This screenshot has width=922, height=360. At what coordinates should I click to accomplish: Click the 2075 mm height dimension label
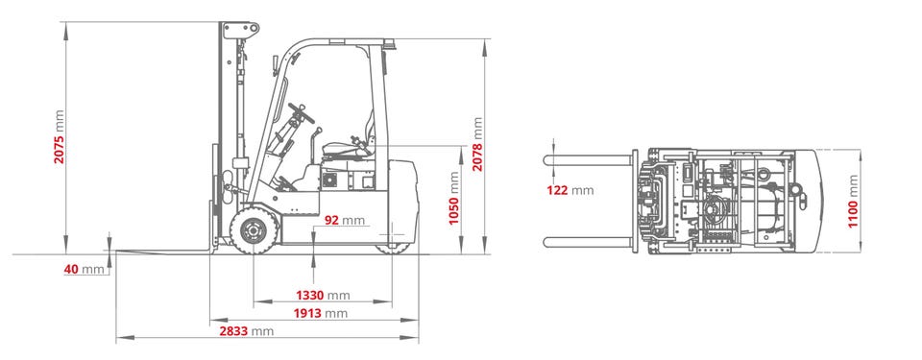pyautogui.click(x=60, y=136)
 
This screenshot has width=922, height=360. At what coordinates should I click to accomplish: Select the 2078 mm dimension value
pyautogui.click(x=477, y=144)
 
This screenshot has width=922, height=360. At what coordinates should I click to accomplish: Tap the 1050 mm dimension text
pyautogui.click(x=454, y=198)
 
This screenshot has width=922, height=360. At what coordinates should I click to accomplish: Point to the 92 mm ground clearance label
pyautogui.click(x=345, y=220)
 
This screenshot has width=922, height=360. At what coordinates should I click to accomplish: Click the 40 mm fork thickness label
pyautogui.click(x=84, y=270)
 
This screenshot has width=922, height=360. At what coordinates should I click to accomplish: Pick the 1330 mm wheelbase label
pyautogui.click(x=323, y=295)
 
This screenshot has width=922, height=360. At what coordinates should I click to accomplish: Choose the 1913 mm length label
pyautogui.click(x=321, y=314)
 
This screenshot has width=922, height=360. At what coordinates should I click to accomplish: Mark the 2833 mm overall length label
pyautogui.click(x=247, y=331)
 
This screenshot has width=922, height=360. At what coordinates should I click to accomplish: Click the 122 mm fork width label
pyautogui.click(x=570, y=190)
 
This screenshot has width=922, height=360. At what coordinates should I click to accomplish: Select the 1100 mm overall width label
pyautogui.click(x=853, y=201)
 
